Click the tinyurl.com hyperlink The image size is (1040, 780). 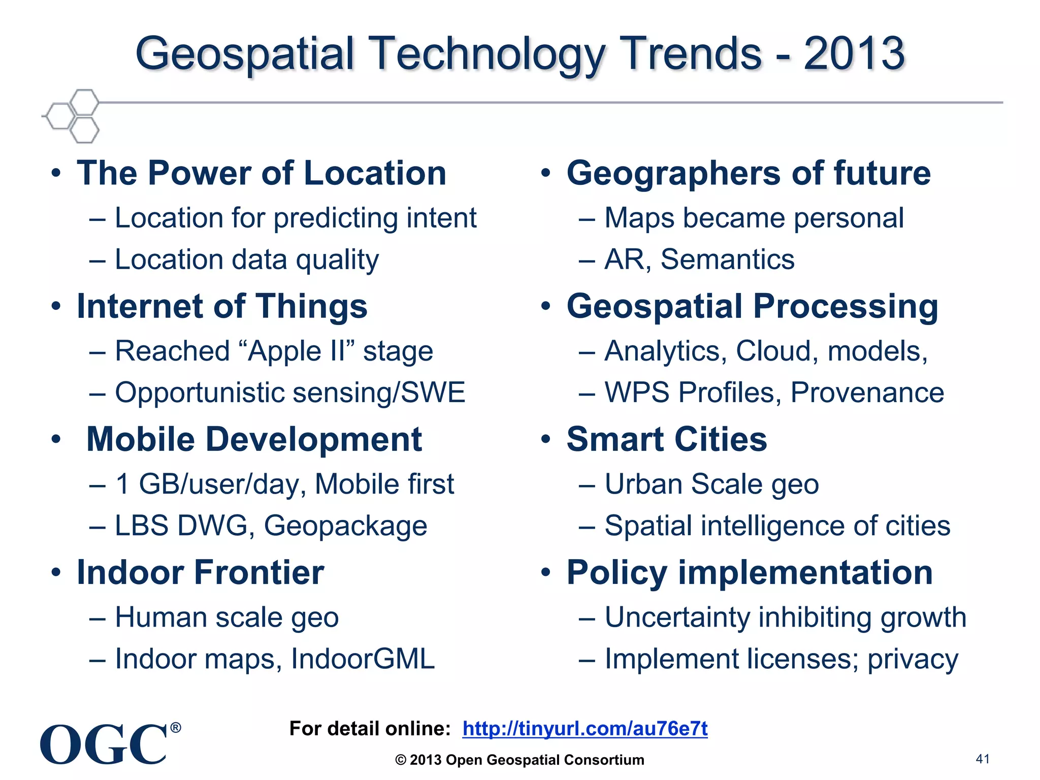(x=584, y=728)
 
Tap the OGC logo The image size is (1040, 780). (x=104, y=744)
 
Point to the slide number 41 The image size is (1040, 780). (x=983, y=759)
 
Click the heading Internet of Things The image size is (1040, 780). (x=222, y=306)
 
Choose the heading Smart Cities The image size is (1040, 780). (x=666, y=439)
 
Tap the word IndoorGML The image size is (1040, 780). (x=363, y=659)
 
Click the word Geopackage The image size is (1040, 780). (x=345, y=526)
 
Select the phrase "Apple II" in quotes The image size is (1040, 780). (x=297, y=351)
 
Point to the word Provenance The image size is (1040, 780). (x=867, y=393)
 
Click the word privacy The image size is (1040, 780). (x=913, y=660)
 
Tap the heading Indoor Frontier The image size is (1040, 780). (x=200, y=572)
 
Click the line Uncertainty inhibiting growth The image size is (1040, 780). (x=785, y=617)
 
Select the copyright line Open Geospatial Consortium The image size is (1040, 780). (x=519, y=760)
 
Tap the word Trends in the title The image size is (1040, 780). (x=693, y=53)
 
